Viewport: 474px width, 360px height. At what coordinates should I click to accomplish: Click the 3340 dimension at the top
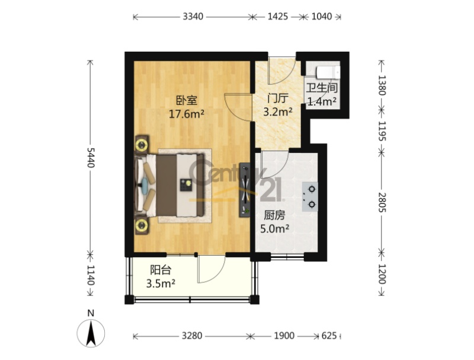pos(193,17)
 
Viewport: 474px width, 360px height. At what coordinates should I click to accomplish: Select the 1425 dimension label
pos(277,17)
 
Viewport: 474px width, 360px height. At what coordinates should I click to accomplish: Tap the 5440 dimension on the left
pos(91,157)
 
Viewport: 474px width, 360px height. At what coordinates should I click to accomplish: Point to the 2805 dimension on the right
pos(382,202)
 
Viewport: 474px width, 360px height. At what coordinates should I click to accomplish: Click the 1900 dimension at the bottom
pos(284,336)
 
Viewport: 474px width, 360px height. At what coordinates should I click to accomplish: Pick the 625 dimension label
pos(329,336)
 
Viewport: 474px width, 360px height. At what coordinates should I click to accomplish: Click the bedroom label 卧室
pos(187,100)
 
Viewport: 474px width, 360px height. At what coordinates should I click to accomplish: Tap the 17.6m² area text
pos(187,114)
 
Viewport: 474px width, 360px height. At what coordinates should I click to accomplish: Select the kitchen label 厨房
pos(274,215)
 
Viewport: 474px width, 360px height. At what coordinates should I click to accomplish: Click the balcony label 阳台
pos(161,269)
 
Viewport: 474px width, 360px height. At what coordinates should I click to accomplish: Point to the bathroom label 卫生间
pos(322,88)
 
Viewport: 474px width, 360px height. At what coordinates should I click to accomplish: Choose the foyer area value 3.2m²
pos(277,112)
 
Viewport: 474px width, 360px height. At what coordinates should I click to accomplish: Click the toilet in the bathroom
pos(328,72)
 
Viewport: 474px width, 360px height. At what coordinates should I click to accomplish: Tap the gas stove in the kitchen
pos(310,197)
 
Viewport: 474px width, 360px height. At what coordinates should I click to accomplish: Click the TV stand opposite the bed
pos(245,190)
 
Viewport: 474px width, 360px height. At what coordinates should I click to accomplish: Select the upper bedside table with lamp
pos(141,145)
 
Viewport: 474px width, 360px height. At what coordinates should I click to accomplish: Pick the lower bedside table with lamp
pos(142,225)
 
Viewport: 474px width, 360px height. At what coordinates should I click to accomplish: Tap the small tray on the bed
pos(186,185)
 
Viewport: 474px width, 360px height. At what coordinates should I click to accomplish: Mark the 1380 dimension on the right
pos(382,85)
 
